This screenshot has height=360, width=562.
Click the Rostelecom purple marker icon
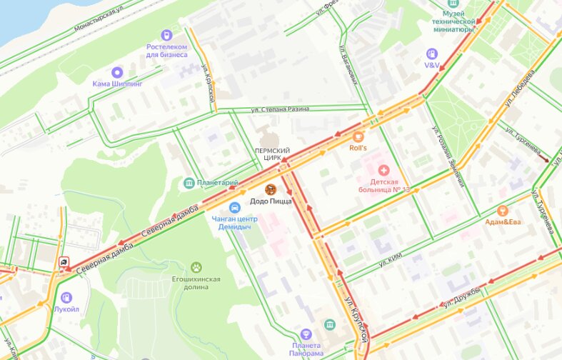[x=167, y=35]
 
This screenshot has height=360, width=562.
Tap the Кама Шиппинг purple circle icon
[x=117, y=71]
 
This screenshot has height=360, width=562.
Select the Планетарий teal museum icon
[x=189, y=184]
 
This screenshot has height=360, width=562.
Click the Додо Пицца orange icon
[x=271, y=189]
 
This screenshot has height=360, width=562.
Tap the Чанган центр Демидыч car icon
[x=224, y=207]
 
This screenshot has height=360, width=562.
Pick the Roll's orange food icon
[x=358, y=136]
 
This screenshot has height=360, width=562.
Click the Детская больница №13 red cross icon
[x=384, y=170]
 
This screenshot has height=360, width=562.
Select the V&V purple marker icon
[x=431, y=54]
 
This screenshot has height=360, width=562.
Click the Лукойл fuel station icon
[x=66, y=297]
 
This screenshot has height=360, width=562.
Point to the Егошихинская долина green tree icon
[x=196, y=267]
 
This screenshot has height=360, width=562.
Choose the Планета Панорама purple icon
[x=306, y=334]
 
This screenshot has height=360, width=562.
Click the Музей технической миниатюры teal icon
[x=452, y=4]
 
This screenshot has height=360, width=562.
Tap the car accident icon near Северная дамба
[x=64, y=262]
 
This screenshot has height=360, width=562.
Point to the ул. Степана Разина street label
[x=280, y=110]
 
